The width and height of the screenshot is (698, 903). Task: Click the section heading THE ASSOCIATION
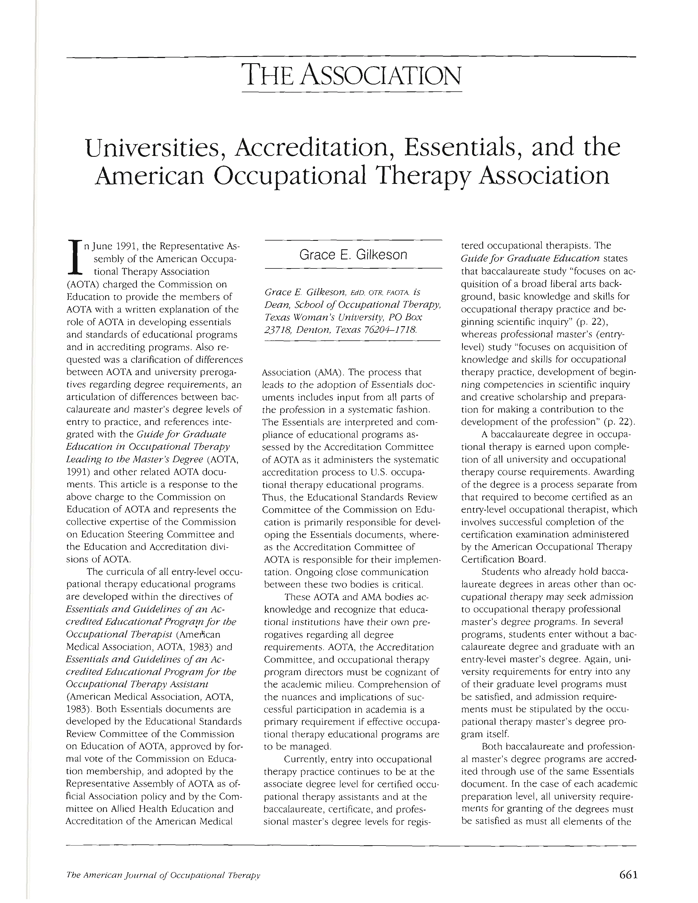tap(351, 75)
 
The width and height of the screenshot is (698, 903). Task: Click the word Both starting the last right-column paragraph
tap(492, 746)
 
